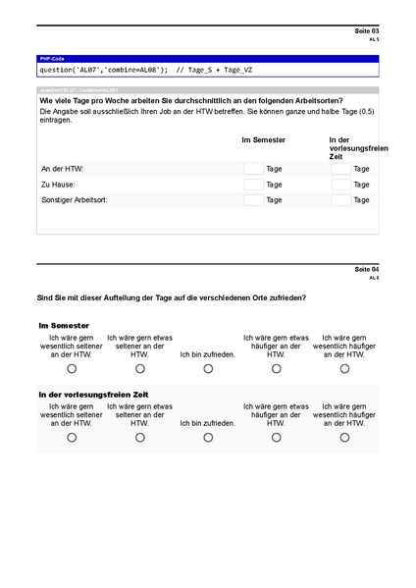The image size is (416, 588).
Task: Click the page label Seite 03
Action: coord(367,31)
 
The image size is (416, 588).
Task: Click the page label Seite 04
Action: coord(367,269)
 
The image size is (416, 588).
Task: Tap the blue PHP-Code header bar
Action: coord(207,60)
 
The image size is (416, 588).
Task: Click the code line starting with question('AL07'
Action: coord(145,70)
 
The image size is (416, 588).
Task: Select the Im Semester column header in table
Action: coord(264,140)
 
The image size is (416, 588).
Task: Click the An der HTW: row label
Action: coord(62,169)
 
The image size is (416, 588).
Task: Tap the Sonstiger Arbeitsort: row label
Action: coord(75,200)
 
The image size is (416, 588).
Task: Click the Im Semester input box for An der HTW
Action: coord(253,169)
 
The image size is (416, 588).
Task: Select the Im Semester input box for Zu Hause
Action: coord(253,185)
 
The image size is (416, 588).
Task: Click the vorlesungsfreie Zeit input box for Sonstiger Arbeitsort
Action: coord(340,200)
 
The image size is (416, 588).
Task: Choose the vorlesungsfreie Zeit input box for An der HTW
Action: coord(340,169)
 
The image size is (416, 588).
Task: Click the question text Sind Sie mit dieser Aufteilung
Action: coord(171,297)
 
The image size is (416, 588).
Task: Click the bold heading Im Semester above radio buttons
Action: coord(65,325)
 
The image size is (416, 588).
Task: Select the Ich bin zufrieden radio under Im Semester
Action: coord(208,369)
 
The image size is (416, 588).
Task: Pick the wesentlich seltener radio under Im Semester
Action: coord(72,369)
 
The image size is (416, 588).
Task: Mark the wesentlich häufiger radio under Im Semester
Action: coord(344,369)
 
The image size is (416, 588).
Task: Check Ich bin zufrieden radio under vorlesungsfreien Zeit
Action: coord(208,438)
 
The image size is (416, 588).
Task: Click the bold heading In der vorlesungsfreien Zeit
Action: coord(93,394)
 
